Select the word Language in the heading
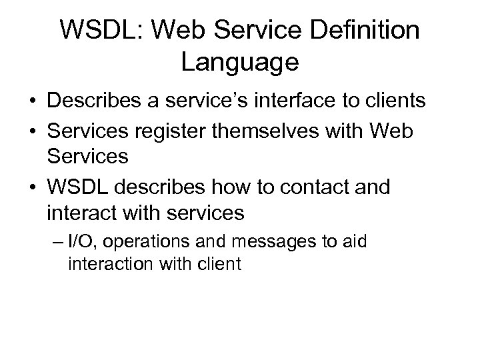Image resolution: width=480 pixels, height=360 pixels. point(239,63)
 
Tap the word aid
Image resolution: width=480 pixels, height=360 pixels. point(354,240)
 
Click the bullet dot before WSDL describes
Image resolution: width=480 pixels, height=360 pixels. point(32,187)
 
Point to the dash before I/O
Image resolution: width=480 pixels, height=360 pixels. point(71,241)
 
